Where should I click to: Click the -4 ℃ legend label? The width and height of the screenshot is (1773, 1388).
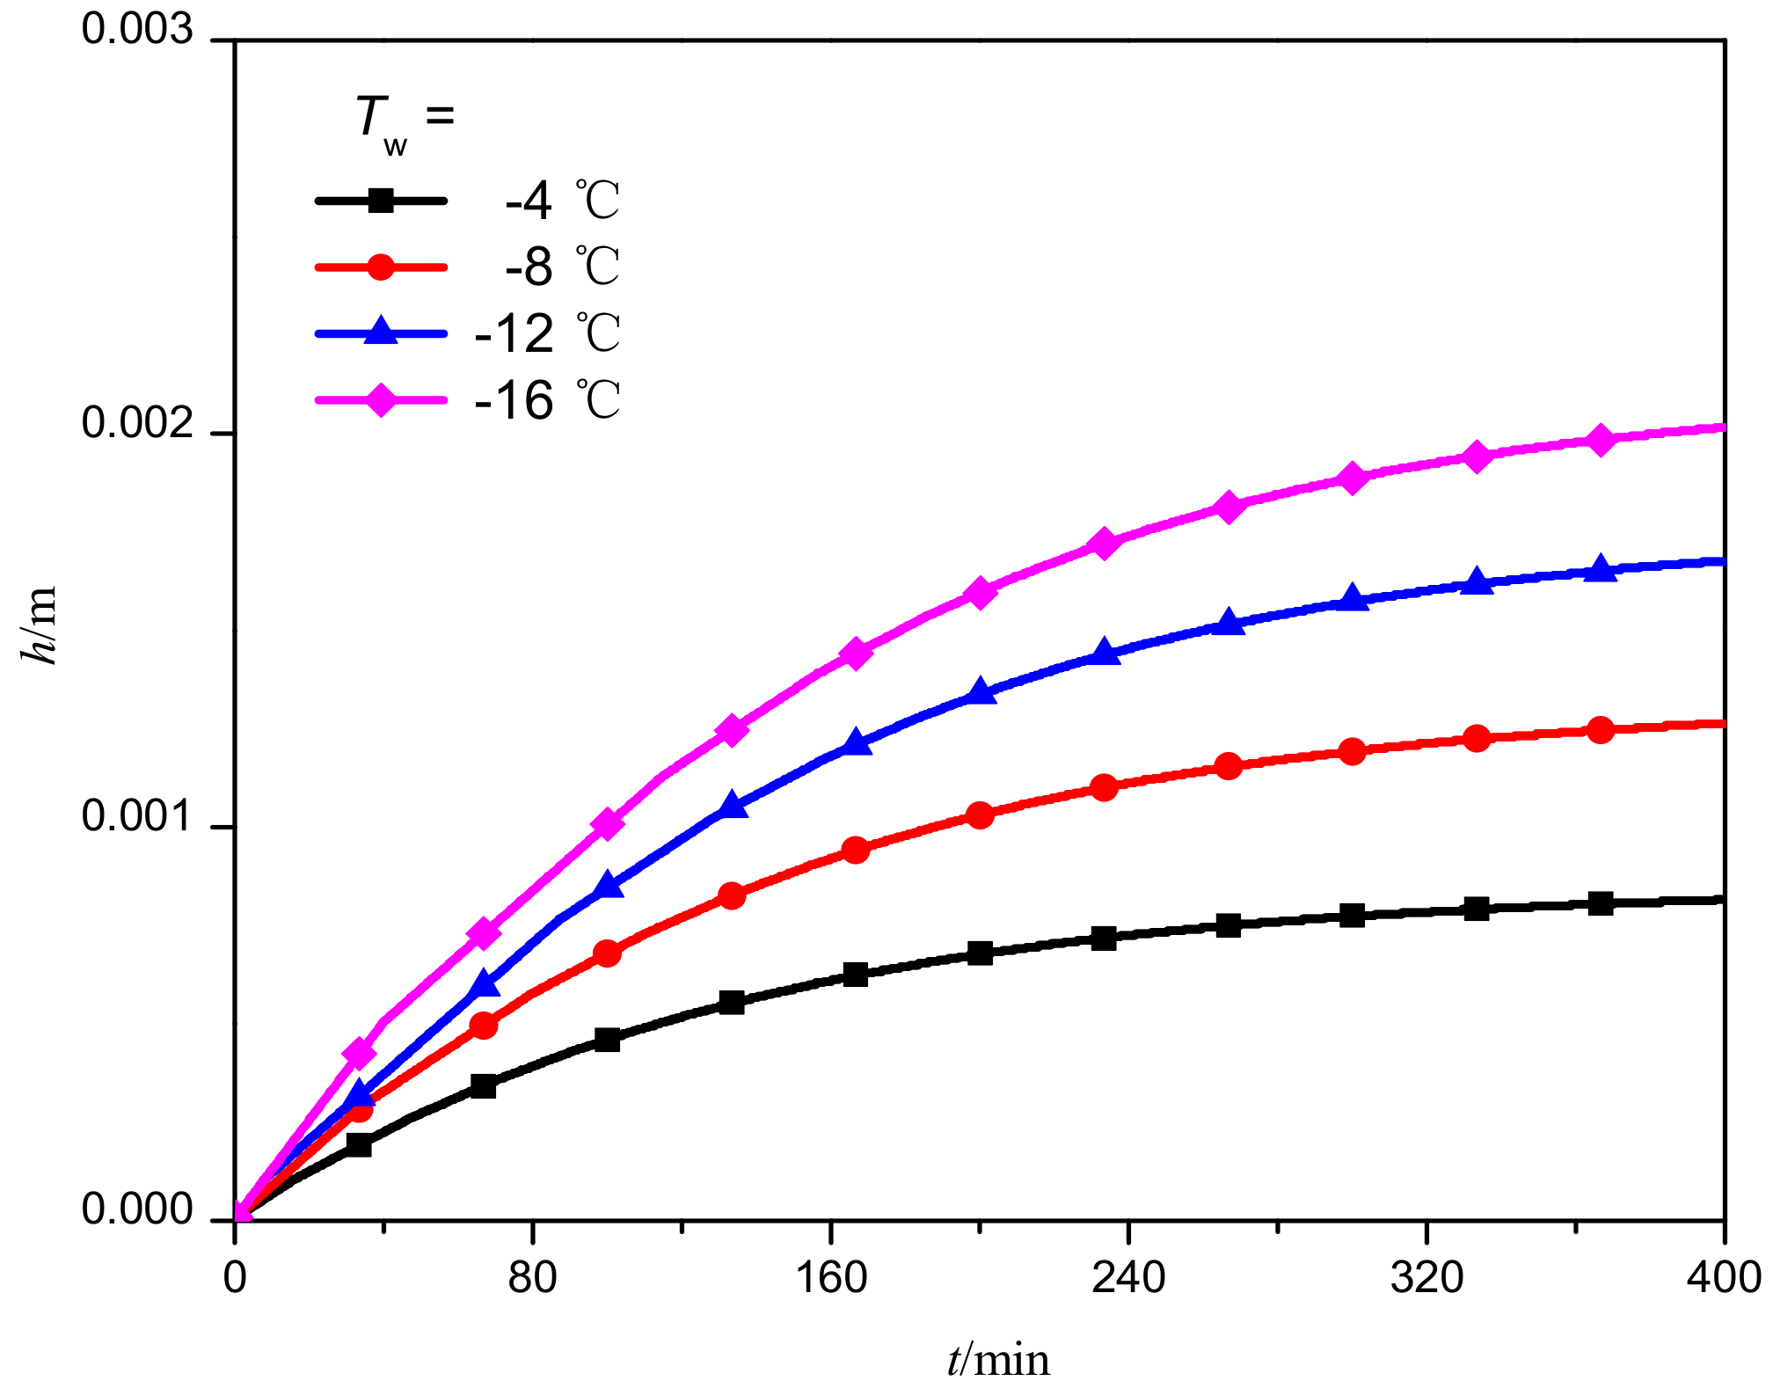(x=561, y=201)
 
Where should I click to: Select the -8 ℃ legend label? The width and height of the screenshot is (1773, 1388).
(x=561, y=267)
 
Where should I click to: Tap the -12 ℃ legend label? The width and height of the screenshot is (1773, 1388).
(x=547, y=333)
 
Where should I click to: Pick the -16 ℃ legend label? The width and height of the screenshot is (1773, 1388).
(x=547, y=400)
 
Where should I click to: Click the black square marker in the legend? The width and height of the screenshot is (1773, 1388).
(x=380, y=201)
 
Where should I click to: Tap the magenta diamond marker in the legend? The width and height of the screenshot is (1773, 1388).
(x=380, y=400)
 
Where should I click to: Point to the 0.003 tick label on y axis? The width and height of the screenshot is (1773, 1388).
(x=136, y=30)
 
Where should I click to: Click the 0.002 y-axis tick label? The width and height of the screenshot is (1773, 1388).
(x=136, y=424)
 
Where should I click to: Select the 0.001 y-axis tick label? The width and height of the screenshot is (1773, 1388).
(x=136, y=817)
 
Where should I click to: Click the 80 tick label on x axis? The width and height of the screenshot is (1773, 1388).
(x=532, y=1277)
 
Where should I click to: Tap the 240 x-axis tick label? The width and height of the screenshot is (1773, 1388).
(x=1127, y=1277)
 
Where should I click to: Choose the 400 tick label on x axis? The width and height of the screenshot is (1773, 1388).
(x=1722, y=1277)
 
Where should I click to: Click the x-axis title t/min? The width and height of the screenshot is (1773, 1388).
(x=998, y=1359)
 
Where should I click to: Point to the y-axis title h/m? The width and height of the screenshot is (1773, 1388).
(x=40, y=625)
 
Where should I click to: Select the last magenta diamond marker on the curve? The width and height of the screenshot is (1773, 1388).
(x=1602, y=440)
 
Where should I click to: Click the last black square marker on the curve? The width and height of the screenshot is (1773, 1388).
(x=1602, y=903)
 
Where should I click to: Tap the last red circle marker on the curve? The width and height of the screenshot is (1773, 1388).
(x=1602, y=730)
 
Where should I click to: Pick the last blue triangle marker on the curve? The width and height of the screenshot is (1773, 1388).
(x=1602, y=570)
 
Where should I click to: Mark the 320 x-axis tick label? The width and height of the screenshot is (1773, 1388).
(x=1426, y=1277)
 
